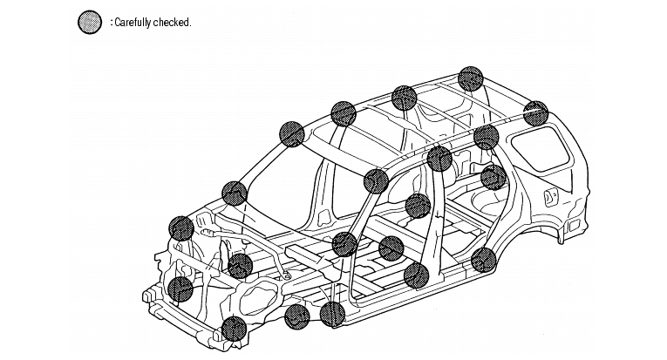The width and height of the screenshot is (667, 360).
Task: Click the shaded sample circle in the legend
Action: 90,22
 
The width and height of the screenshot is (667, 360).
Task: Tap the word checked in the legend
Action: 172,23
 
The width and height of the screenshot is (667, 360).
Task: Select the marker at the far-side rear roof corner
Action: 471,78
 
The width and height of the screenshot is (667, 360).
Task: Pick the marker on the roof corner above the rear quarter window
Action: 536,113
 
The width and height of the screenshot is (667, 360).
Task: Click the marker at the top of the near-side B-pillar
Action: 440,159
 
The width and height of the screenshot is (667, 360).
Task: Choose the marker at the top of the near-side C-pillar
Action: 487,137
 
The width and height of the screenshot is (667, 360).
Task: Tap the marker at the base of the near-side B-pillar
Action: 418,276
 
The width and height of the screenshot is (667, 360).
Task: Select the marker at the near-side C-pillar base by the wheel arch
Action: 483,260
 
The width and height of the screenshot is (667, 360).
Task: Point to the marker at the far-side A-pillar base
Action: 234,194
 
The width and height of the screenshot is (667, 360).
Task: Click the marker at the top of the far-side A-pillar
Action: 290,133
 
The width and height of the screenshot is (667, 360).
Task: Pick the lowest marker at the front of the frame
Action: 234,329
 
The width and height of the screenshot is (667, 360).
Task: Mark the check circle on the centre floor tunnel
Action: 391,248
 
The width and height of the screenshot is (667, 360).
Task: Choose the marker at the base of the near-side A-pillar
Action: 332,314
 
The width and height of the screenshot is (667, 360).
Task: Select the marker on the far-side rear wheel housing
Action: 493,178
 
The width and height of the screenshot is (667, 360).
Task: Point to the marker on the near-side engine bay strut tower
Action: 241,266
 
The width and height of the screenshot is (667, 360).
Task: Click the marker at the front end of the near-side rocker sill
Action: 297,317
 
